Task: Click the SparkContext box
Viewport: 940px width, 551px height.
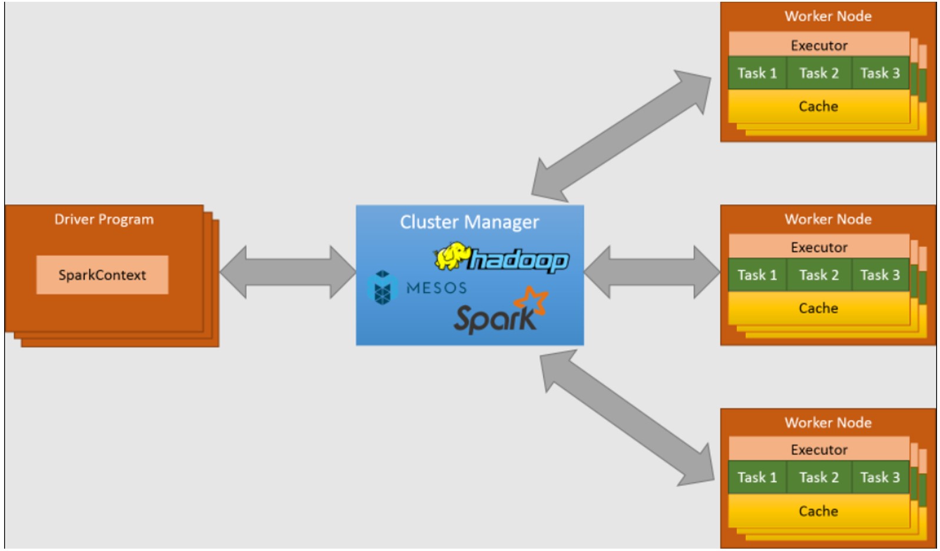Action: (x=102, y=275)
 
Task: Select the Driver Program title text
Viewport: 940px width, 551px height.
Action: (x=104, y=220)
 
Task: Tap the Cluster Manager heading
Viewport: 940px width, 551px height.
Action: (x=469, y=222)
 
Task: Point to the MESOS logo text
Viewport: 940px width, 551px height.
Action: (x=436, y=288)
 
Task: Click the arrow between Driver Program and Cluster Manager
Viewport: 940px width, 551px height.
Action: (x=287, y=272)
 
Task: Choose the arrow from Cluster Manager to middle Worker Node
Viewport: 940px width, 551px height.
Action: (x=652, y=272)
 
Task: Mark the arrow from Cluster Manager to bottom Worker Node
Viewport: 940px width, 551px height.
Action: (x=627, y=418)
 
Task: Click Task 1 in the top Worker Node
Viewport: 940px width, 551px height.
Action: (x=757, y=74)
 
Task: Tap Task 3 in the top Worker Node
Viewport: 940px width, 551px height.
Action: (x=880, y=74)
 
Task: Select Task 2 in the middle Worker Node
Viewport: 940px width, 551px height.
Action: (x=819, y=275)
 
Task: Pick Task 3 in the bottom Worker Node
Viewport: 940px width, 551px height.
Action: (x=880, y=477)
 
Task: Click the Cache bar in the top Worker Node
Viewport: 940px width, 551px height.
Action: (x=819, y=107)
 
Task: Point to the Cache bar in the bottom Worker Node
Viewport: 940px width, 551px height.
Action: (x=819, y=511)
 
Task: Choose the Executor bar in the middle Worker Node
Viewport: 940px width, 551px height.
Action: (x=819, y=247)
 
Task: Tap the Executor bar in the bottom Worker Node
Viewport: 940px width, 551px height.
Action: (x=819, y=450)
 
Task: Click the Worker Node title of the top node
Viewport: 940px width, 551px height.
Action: (x=828, y=16)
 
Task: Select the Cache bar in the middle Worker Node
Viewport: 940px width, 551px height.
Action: (x=819, y=308)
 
